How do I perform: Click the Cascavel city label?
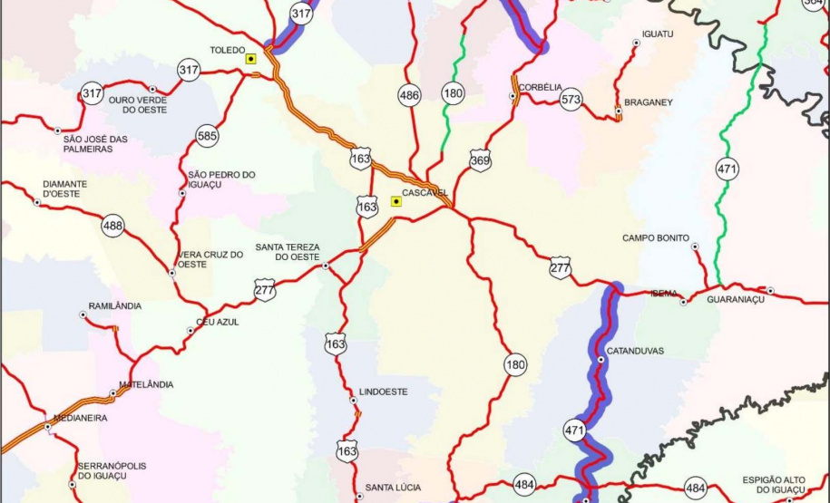pos(427,193)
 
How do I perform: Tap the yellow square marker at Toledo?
pos(250,59)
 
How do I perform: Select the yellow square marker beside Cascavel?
pos(395,201)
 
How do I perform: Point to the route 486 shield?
pos(409,94)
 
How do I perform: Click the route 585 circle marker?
pos(207,137)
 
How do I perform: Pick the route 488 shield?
pos(112,226)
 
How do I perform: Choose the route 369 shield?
pos(480,161)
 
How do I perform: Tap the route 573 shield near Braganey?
pos(571,99)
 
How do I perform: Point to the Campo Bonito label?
pos(656,238)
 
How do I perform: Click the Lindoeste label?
pos(384,392)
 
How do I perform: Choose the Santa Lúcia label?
pos(393,488)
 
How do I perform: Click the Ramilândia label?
pos(115,305)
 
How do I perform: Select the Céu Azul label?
pos(218,322)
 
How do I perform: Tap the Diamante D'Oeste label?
pos(65,189)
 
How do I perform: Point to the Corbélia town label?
pos(542,87)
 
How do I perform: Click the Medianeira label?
pos(81,418)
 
